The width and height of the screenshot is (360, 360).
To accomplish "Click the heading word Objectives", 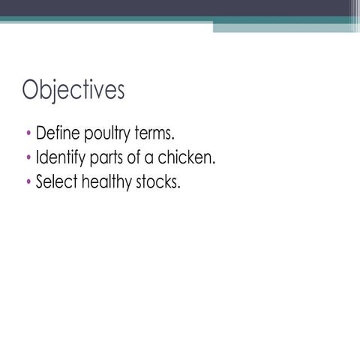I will (x=73, y=91).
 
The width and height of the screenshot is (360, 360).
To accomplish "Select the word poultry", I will (x=109, y=136).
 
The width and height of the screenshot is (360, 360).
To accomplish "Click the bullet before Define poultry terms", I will (x=28, y=136).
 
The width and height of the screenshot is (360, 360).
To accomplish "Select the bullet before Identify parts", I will (x=28, y=159).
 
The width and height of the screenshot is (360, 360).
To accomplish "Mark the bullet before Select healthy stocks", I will (x=28, y=181).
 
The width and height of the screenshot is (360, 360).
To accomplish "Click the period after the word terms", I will (x=174, y=141).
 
